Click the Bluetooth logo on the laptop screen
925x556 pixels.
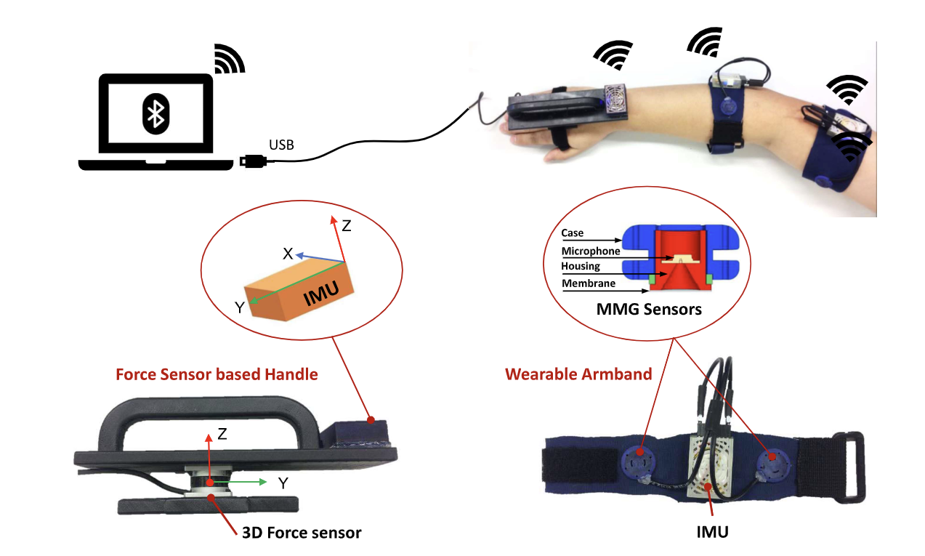[x=155, y=113]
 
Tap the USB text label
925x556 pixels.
[x=281, y=145]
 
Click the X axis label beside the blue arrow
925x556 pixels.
[x=288, y=254]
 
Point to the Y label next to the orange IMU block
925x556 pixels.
[x=238, y=307]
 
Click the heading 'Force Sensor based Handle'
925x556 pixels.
[x=217, y=375]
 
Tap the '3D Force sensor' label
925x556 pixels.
[x=301, y=533]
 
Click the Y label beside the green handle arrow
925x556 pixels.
[x=283, y=482]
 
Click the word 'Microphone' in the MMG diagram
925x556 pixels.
[x=591, y=251]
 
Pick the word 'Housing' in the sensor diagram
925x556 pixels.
[x=581, y=267]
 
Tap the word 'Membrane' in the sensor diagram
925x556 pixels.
[x=588, y=283]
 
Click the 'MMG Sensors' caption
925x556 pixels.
[x=649, y=310]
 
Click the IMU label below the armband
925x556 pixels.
[x=711, y=532]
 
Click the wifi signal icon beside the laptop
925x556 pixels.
[x=230, y=59]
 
